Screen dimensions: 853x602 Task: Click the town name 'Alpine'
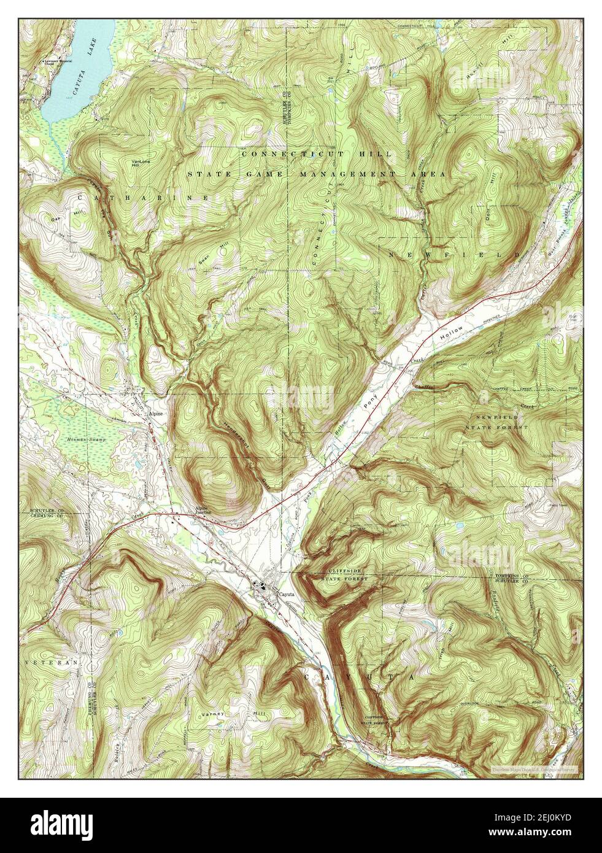[156, 414]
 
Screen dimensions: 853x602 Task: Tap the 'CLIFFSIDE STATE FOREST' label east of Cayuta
[345, 574]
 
